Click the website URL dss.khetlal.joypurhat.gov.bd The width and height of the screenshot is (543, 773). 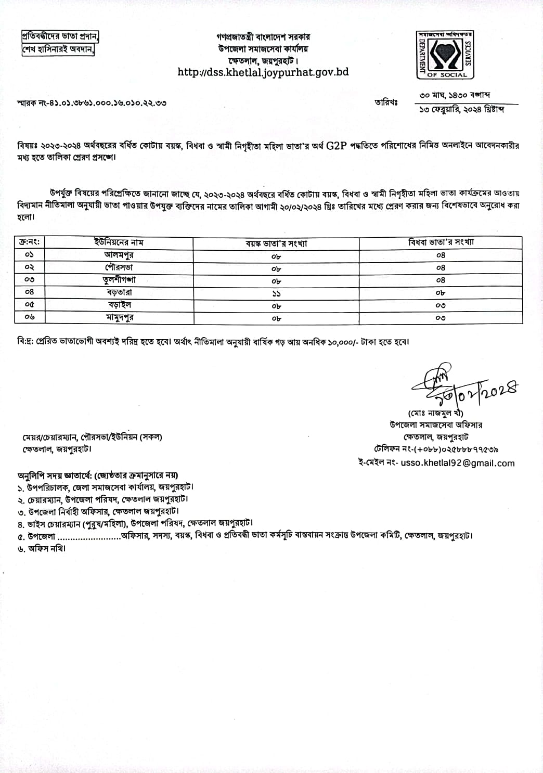pos(263,72)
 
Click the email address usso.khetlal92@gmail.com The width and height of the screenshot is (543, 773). pos(457,463)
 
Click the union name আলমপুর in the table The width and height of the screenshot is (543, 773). pos(119,255)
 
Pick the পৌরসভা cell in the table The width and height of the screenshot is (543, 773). pos(119,267)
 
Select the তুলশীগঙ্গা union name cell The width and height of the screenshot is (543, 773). pos(119,280)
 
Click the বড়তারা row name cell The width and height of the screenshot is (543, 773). pos(119,292)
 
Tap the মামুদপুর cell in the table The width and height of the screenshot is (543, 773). pos(119,317)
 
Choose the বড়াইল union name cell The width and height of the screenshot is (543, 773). pos(119,305)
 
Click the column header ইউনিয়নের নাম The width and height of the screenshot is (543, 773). pos(119,242)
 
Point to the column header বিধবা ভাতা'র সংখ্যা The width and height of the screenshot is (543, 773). pos(441,242)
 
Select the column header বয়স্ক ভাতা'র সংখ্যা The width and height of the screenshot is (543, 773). pos(276,243)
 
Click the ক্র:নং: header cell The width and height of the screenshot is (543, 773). pos(29,242)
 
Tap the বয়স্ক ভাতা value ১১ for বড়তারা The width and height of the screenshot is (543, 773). pos(276,293)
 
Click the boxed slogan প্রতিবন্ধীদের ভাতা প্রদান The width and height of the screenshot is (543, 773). pos(60,37)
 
